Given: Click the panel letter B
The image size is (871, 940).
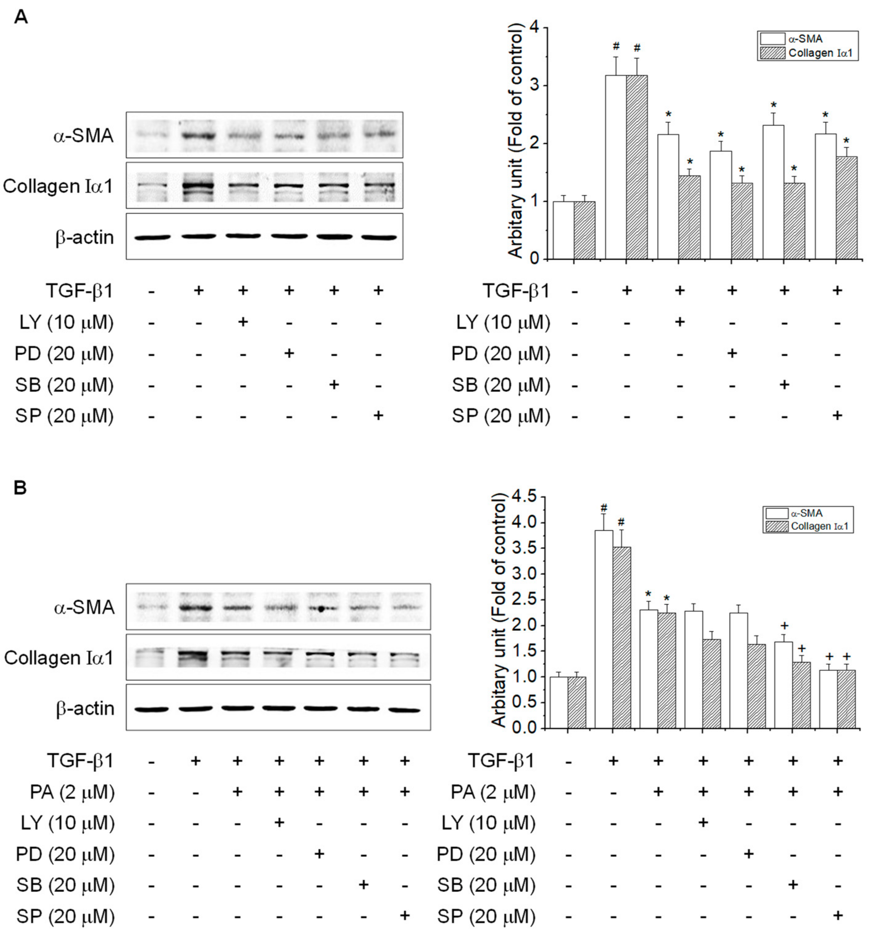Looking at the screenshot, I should click(20, 488).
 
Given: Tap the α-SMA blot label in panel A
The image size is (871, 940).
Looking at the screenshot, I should click(83, 136).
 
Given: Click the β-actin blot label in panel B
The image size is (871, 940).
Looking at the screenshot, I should click(85, 708).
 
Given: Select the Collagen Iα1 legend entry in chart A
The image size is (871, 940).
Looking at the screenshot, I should click(808, 53).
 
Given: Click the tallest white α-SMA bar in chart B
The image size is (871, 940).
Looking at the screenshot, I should click(604, 629).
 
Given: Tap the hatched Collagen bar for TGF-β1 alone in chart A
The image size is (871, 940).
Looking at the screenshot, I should click(637, 167).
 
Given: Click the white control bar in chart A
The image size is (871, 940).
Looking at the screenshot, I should click(563, 230).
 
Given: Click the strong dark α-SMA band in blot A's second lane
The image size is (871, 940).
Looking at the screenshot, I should click(198, 136).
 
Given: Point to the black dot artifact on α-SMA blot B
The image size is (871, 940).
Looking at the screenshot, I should click(321, 609).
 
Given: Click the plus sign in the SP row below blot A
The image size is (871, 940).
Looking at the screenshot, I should click(378, 415).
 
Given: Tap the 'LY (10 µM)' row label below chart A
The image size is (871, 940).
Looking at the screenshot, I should click(503, 322).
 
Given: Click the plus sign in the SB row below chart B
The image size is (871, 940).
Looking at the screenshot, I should click(793, 884).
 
